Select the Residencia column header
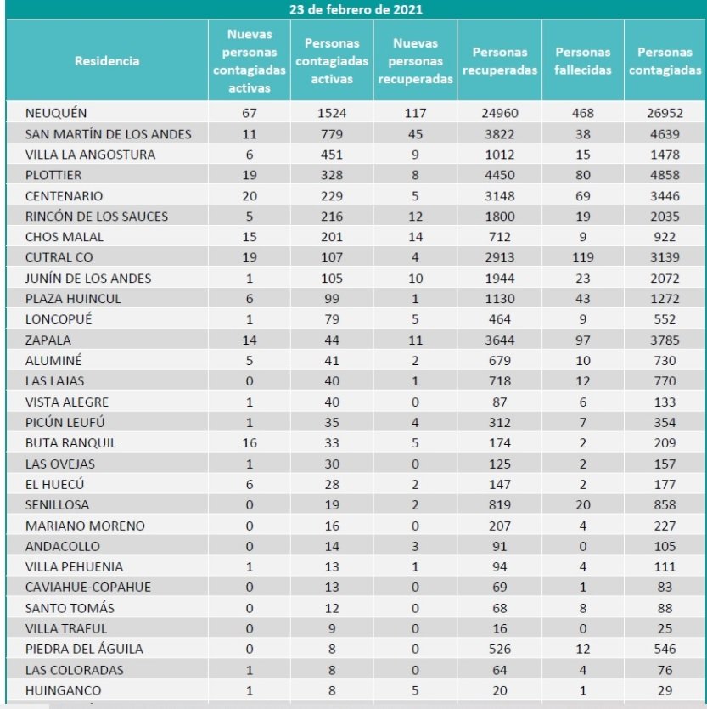(107, 61)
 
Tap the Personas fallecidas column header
(583, 61)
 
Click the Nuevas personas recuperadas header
(416, 61)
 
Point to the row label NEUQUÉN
(57, 113)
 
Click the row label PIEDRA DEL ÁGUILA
(84, 649)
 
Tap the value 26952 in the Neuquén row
(665, 113)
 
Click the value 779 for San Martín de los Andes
(333, 133)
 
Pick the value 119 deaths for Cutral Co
(583, 257)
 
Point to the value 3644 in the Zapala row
(499, 340)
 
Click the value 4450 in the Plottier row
(499, 175)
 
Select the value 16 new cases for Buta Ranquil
(250, 443)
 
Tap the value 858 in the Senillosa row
(665, 505)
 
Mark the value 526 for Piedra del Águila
(499, 649)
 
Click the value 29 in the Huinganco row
(665, 690)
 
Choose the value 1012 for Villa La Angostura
(499, 155)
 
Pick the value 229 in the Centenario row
(333, 195)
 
